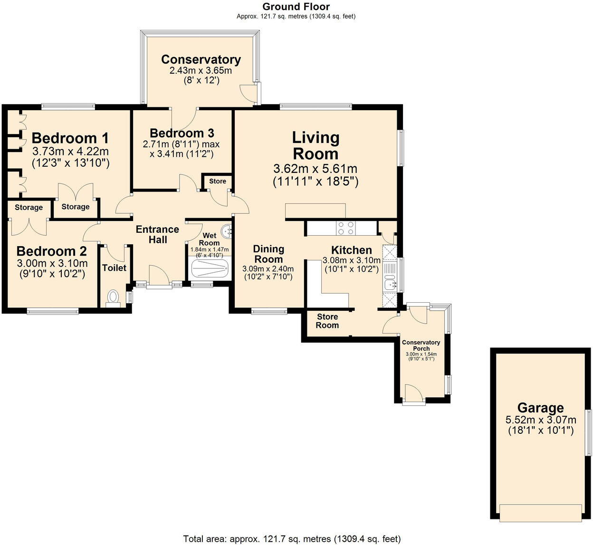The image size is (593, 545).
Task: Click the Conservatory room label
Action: (201, 59)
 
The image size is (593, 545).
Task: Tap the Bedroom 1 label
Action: (70, 138)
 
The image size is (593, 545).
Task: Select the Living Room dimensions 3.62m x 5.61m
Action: (315, 169)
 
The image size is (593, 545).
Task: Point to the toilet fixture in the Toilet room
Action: (113, 298)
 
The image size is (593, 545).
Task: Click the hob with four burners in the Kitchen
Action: (345, 229)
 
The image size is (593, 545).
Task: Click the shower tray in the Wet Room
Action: (209, 269)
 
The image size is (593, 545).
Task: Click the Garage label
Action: (540, 408)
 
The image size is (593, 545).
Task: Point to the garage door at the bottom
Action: (540, 512)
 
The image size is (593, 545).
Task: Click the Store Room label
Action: (327, 321)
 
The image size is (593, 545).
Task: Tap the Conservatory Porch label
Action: (421, 345)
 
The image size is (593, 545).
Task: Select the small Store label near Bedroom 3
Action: (218, 181)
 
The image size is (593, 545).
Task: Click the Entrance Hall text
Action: (157, 234)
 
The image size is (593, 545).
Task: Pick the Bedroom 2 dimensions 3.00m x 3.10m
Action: (52, 263)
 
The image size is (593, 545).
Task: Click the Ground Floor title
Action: (296, 7)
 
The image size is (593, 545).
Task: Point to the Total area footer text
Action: (292, 539)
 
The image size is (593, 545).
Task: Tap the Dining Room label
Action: (268, 254)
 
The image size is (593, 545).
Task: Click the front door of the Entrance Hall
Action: (158, 277)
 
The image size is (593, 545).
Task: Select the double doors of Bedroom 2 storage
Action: (29, 227)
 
